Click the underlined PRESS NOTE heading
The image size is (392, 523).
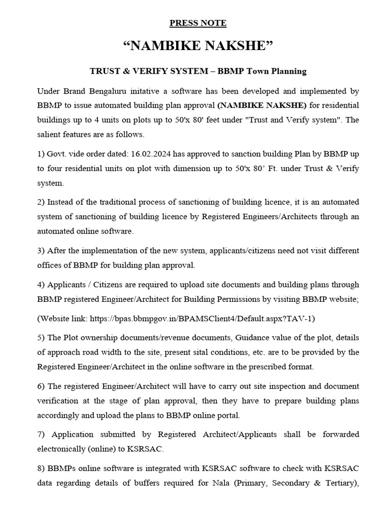tap(198, 23)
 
